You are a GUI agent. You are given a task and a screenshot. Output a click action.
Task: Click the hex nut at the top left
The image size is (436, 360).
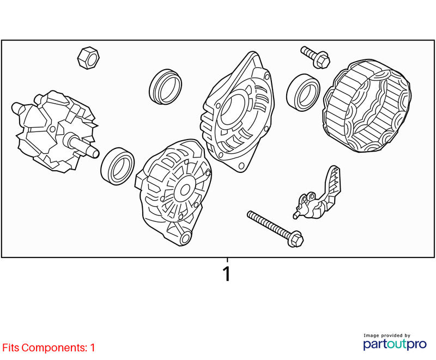[x=88, y=58]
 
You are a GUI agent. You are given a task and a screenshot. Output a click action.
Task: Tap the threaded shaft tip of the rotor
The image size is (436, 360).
[x=94, y=153]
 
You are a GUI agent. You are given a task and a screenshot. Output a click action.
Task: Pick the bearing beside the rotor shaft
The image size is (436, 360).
[x=117, y=166]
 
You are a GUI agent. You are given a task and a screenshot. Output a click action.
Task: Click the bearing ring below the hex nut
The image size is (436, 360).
[x=165, y=87]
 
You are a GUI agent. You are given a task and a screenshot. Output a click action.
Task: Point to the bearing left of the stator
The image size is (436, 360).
[x=303, y=92]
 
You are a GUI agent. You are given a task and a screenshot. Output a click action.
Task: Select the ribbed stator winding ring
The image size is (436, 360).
[x=367, y=106]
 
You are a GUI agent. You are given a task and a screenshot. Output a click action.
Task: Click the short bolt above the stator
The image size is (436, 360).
[x=316, y=57]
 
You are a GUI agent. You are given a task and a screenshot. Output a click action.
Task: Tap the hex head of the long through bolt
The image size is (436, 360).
[x=295, y=239]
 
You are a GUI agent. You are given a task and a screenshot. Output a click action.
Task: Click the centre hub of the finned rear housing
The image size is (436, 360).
[x=184, y=190]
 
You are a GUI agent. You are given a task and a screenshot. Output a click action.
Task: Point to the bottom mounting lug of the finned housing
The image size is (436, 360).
[x=185, y=238]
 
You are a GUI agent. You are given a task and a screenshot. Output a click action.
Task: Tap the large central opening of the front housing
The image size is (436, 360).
[x=233, y=109]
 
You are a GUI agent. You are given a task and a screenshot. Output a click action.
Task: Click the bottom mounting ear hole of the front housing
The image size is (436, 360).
[x=241, y=166]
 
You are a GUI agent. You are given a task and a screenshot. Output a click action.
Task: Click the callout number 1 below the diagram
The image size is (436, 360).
[x=227, y=274]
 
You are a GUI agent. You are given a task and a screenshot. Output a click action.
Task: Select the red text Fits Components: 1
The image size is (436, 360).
[x=49, y=347]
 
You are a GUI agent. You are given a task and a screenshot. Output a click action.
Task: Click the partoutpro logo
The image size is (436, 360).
[x=395, y=344]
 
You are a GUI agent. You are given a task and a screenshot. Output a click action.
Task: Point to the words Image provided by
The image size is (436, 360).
[x=387, y=335]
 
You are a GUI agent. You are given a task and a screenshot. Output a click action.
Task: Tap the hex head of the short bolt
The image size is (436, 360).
[x=322, y=61]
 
